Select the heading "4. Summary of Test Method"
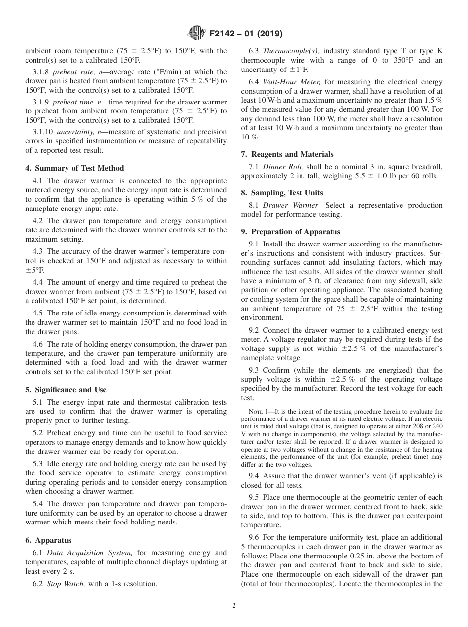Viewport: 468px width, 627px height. [x=74, y=168]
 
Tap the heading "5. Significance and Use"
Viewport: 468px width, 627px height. [x=66, y=389]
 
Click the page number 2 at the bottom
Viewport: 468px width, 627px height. [x=234, y=606]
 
